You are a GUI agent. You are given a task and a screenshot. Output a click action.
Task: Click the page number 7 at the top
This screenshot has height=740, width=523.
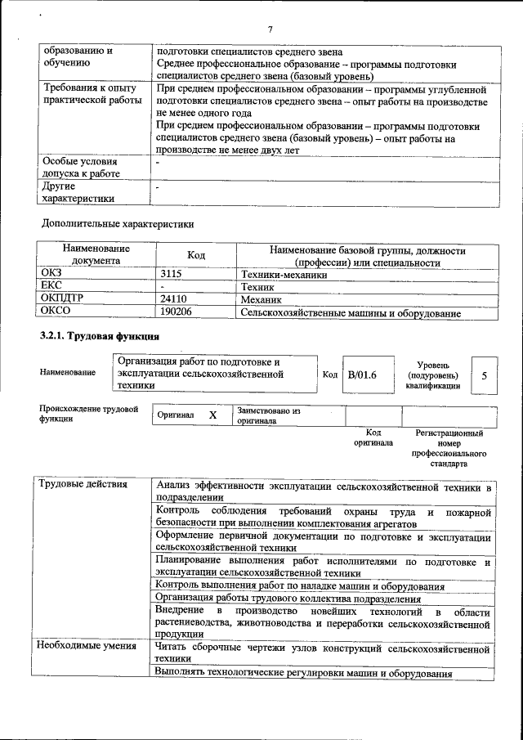click(269, 29)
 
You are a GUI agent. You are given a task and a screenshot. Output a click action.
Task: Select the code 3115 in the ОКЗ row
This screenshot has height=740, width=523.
click(172, 276)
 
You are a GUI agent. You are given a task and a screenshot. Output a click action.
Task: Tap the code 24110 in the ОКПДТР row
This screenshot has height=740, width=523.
click(174, 300)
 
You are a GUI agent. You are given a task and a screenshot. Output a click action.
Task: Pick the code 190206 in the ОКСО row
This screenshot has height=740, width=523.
click(177, 312)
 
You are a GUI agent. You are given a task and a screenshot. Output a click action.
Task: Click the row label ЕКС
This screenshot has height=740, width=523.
click(51, 288)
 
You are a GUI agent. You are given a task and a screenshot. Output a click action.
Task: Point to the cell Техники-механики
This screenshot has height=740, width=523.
click(284, 276)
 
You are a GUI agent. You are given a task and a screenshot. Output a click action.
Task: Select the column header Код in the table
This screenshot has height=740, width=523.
click(196, 256)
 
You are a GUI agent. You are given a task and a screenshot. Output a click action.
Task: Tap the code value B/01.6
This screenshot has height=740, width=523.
click(361, 375)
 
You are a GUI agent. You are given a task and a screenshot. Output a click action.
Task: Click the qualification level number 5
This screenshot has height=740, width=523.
click(485, 375)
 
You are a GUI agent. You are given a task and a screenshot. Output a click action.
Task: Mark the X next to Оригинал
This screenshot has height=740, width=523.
click(212, 415)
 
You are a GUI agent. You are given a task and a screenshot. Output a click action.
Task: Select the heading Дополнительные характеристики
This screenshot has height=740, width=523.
click(118, 223)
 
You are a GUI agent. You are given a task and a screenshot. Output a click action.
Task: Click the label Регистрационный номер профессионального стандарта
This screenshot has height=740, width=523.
click(449, 448)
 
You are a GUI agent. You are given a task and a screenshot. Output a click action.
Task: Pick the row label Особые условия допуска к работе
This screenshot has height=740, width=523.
click(79, 168)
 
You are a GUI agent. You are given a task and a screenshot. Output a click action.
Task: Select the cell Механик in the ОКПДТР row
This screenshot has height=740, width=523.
click(262, 300)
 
